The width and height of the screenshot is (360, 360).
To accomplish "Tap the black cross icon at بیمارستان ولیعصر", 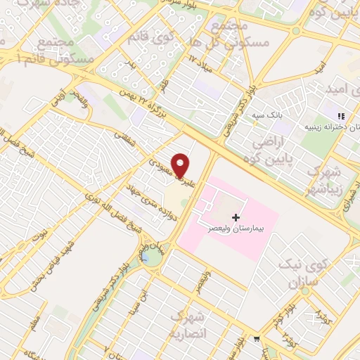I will [235, 217].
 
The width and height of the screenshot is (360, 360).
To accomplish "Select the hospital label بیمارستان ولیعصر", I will [232, 229].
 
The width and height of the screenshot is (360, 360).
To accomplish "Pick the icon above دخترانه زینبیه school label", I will [341, 116].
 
